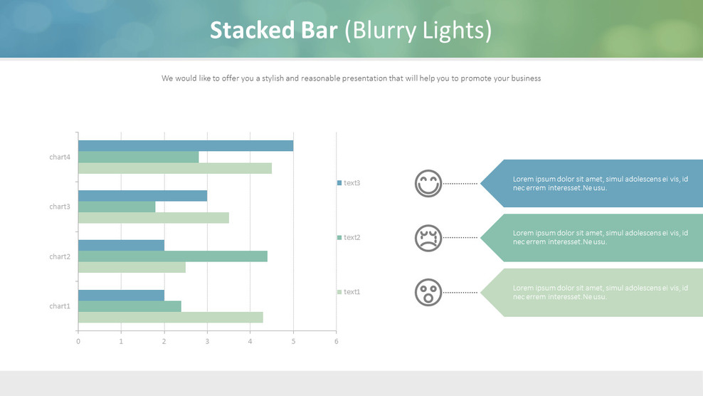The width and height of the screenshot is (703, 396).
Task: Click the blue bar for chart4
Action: click(186, 146)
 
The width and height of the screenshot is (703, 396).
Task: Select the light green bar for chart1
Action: click(170, 318)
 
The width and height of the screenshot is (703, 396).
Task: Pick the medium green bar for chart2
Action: click(173, 256)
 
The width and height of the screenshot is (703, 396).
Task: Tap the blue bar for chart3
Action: click(142, 196)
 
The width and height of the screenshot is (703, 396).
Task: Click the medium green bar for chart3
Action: click(117, 207)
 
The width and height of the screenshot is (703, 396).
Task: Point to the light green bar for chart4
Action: click(175, 168)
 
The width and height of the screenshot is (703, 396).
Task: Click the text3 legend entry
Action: click(349, 183)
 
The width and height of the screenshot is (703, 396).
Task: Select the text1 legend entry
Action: click(349, 292)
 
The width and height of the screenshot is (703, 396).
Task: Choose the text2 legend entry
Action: click(349, 237)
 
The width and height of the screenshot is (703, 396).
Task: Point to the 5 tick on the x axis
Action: click(293, 342)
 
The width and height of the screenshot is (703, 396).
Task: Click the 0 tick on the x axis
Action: click(78, 342)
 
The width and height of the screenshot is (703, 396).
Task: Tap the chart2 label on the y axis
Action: click(60, 256)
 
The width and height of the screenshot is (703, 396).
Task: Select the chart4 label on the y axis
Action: click(60, 157)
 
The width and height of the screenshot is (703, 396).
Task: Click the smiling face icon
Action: click(428, 184)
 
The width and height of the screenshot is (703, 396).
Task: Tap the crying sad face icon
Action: click(428, 238)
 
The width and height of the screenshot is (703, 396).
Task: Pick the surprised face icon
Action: click(428, 292)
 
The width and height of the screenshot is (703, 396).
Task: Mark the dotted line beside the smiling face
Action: click(460, 184)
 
